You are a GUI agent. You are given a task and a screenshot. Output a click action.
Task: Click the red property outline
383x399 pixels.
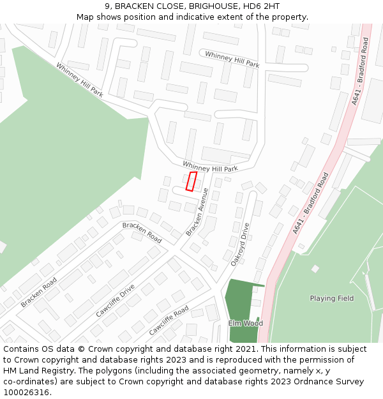coord(191,181)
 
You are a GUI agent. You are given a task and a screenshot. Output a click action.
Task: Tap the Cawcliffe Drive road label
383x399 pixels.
coord(115,301)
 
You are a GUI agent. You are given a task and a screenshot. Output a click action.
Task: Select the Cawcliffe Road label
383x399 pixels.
coord(169,320)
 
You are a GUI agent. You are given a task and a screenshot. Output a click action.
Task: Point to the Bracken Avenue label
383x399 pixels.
coord(197,212)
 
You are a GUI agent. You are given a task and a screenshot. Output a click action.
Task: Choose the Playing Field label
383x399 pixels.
coord(331,298)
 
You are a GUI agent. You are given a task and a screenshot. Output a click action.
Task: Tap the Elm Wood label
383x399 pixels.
coord(245,324)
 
